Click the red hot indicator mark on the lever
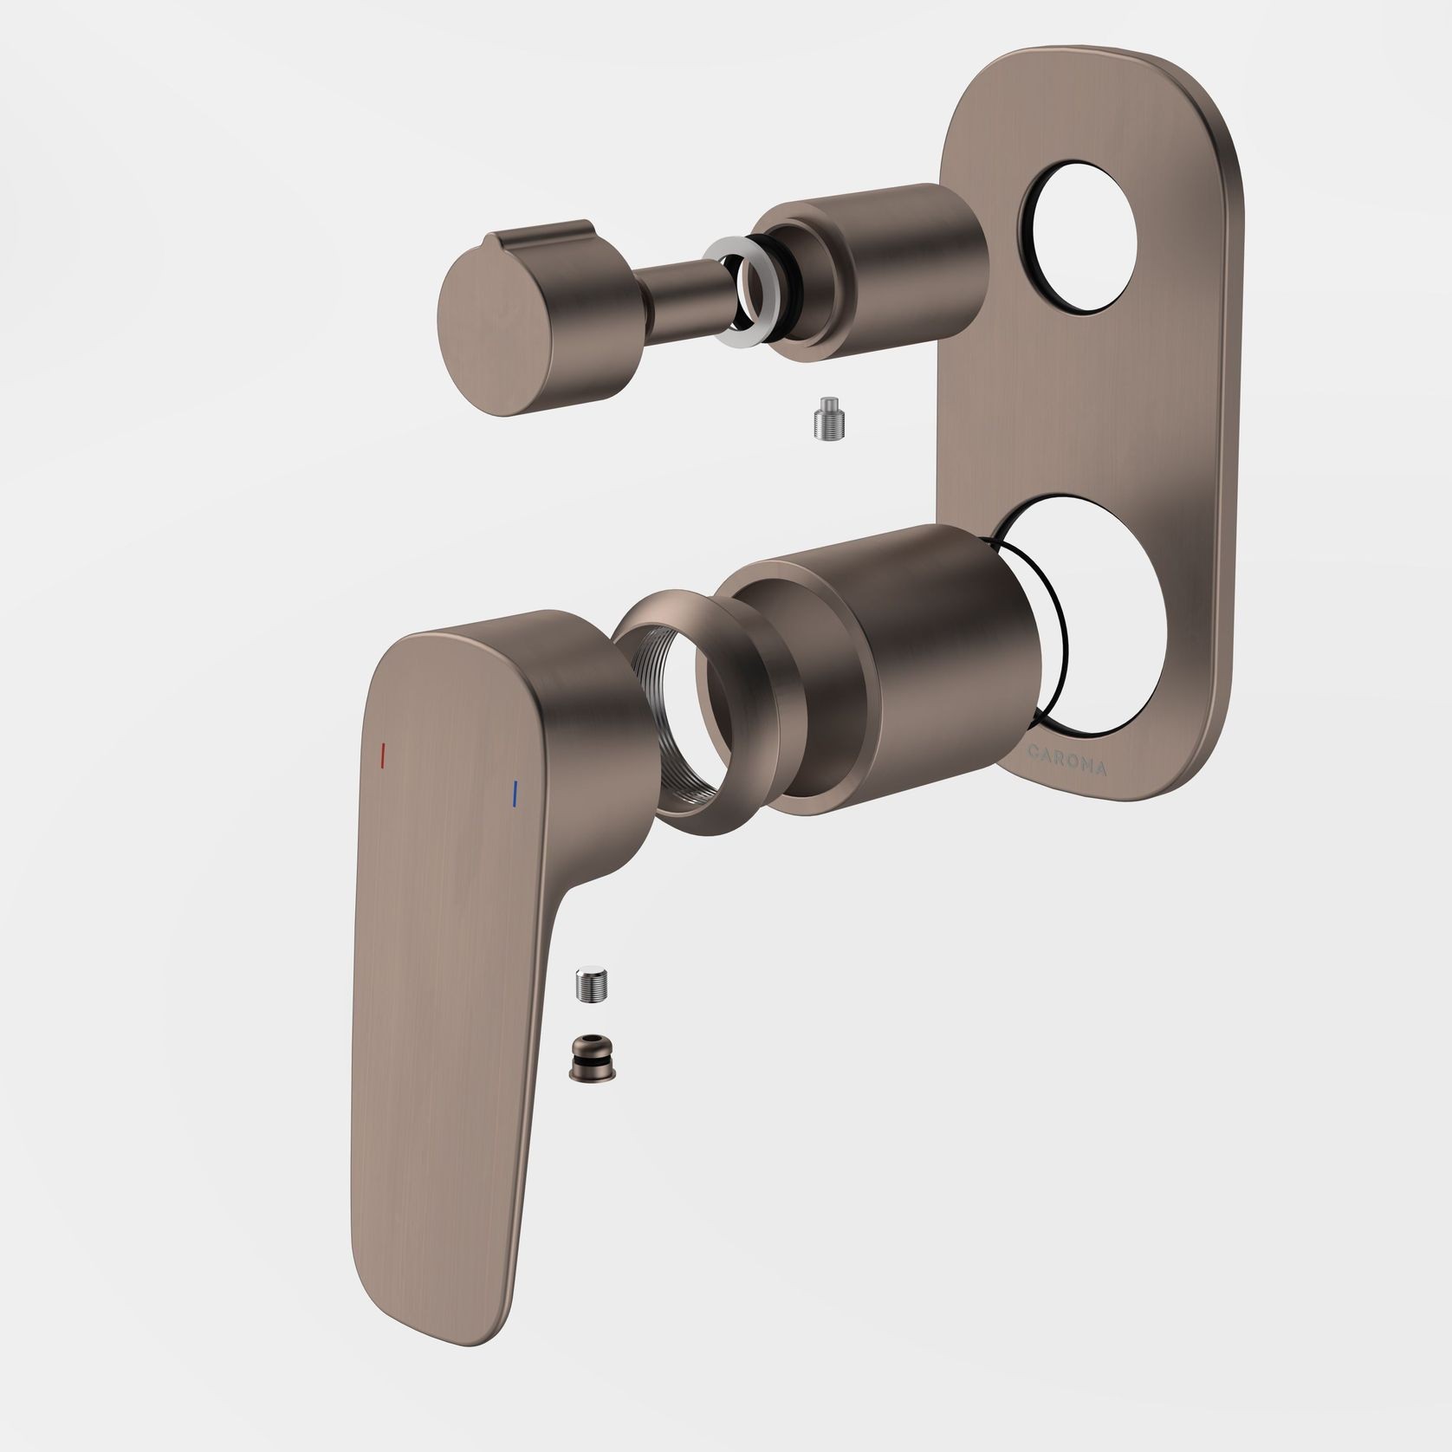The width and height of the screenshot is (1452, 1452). [382, 755]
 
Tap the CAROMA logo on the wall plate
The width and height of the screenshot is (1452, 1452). [1065, 757]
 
